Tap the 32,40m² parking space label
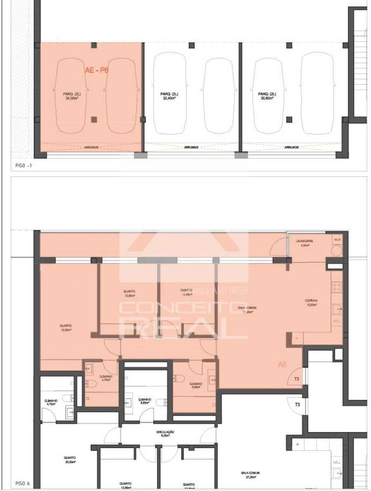coord(169,96)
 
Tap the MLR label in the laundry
coord(337,240)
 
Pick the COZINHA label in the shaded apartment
coord(310,303)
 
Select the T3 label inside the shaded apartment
coord(296,379)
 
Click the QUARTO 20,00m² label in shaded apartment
coord(66,328)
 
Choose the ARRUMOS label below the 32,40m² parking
coord(191,147)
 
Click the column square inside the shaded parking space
coord(94,120)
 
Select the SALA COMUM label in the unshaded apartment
coord(250,475)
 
